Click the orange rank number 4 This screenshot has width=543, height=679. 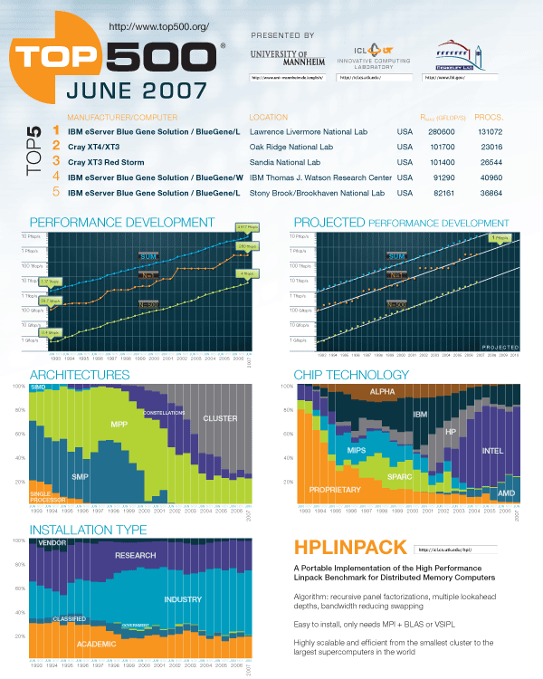pos(56,177)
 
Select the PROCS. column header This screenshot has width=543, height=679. pos(489,117)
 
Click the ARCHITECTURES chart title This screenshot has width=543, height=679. pos(80,375)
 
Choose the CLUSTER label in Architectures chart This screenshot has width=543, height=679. pos(220,418)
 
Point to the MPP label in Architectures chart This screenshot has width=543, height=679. pos(119,424)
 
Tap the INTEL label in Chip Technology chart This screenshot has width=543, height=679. pos(491,450)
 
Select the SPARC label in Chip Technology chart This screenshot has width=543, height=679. pos(399,474)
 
